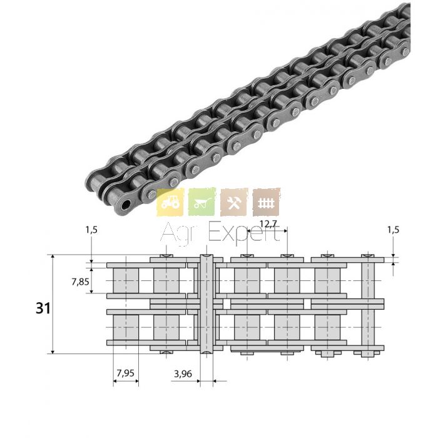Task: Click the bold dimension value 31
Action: pyautogui.click(x=43, y=308)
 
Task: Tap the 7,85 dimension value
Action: pyautogui.click(x=80, y=282)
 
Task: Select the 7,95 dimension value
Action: pyautogui.click(x=125, y=373)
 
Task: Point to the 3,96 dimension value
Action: pyautogui.click(x=183, y=374)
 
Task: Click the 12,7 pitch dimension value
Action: pyautogui.click(x=268, y=224)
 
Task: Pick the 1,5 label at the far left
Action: pyautogui.click(x=91, y=230)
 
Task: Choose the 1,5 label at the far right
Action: pyautogui.click(x=393, y=230)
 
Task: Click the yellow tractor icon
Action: pyautogui.click(x=170, y=202)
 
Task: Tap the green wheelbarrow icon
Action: pyautogui.click(x=202, y=202)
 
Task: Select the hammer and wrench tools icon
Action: pyautogui.click(x=234, y=202)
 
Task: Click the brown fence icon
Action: pyautogui.click(x=266, y=202)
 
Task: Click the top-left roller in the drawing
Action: pyautogui.click(x=126, y=281)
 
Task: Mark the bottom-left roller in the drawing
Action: pyautogui.click(x=126, y=328)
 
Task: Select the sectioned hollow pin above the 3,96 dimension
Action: pyautogui.click(x=206, y=304)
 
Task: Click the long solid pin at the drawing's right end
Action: pyautogui.click(x=368, y=305)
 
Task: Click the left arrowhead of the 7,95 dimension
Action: pyautogui.click(x=115, y=380)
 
